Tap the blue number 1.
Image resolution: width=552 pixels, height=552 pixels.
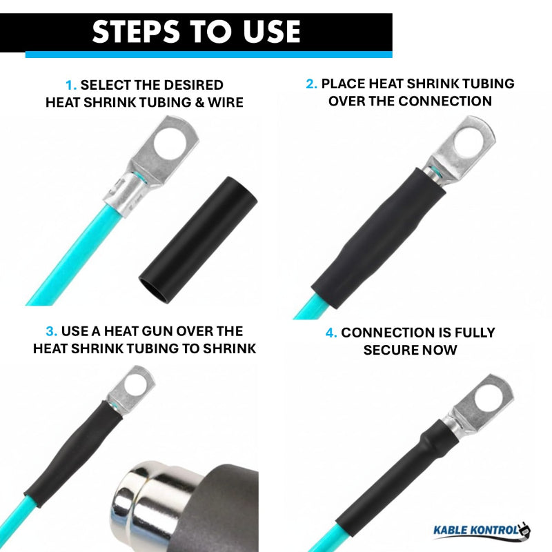71,86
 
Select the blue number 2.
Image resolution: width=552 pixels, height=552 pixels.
311,84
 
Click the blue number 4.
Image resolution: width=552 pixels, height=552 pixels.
331,333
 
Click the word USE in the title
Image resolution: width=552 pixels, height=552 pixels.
268,31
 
